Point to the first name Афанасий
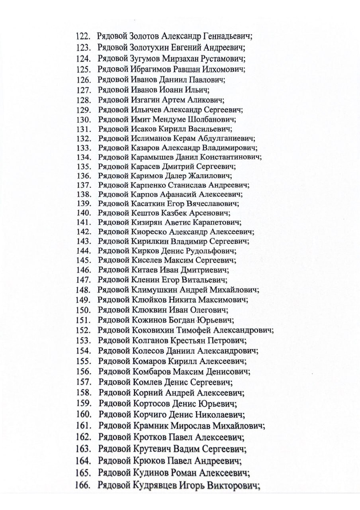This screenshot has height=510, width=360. pyautogui.click(x=177, y=195)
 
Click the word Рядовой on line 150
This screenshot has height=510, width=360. pyautogui.click(x=114, y=310)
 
